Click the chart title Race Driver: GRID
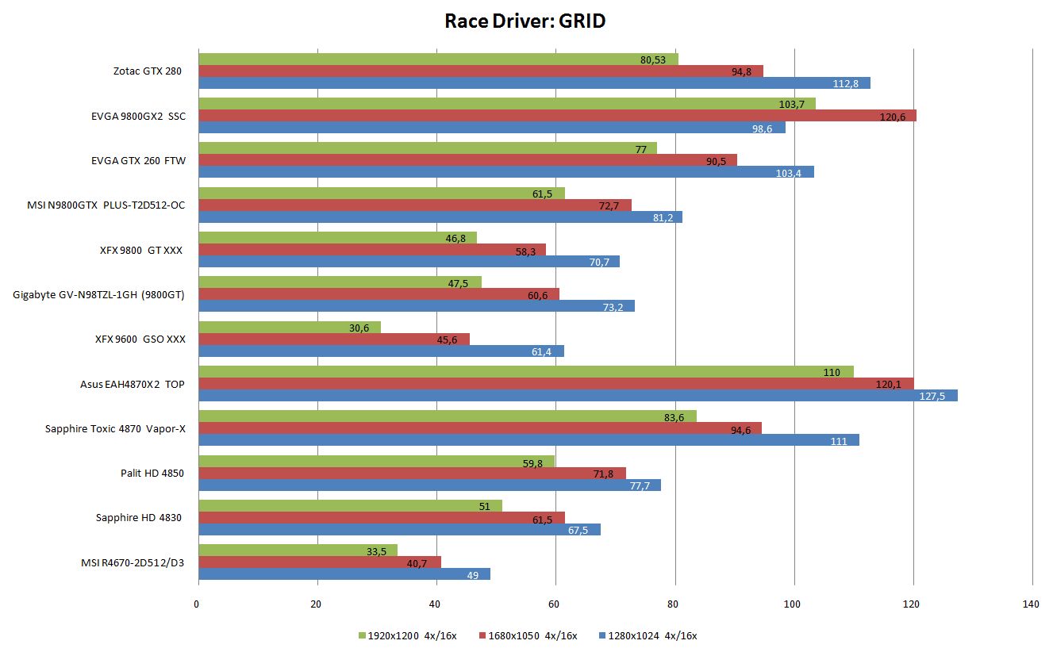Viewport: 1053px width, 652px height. tap(525, 21)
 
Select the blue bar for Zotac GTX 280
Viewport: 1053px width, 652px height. tap(533, 83)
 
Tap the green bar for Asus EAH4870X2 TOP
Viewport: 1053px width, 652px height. tap(525, 372)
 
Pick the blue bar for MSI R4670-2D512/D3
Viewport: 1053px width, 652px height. tap(344, 574)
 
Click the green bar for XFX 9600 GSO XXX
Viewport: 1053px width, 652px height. tap(289, 328)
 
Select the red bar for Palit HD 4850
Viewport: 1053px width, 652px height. tap(411, 474)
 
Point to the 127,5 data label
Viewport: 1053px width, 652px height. tap(932, 396)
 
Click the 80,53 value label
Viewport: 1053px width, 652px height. tap(652, 59)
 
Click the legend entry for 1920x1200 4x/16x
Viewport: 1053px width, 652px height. tap(407, 635)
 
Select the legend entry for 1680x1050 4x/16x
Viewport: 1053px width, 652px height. tap(528, 635)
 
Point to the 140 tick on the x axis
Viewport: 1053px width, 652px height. tap(1030, 605)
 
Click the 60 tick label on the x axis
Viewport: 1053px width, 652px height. tap(554, 605)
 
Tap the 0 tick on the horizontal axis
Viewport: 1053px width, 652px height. tap(197, 605)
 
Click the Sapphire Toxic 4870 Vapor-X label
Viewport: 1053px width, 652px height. tap(115, 429)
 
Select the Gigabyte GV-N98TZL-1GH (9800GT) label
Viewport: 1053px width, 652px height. tap(98, 295)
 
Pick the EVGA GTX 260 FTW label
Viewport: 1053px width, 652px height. tap(138, 161)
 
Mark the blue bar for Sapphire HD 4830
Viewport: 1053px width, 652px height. tap(398, 530)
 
